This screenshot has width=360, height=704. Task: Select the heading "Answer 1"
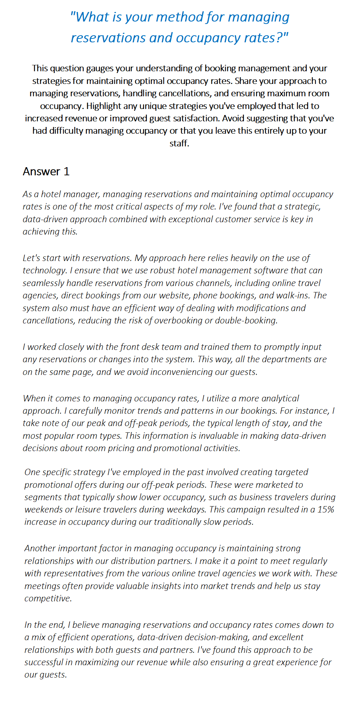click(x=46, y=171)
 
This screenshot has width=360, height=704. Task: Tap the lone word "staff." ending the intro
click(x=179, y=143)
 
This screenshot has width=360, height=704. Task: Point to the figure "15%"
click(x=325, y=509)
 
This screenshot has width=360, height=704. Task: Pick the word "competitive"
click(x=48, y=598)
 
